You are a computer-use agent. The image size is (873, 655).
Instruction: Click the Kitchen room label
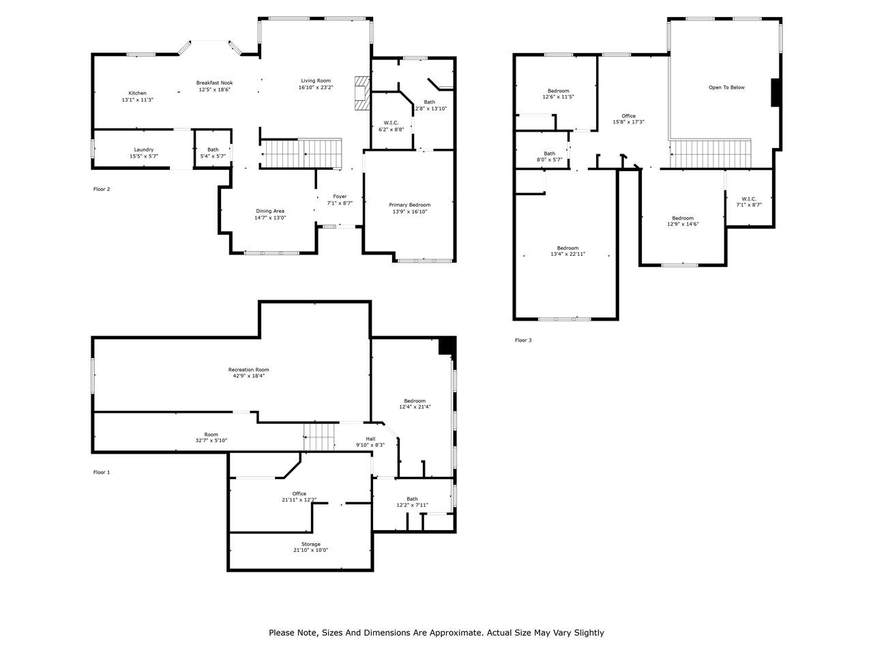tap(138, 93)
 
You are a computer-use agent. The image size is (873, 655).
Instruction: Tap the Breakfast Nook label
tap(215, 83)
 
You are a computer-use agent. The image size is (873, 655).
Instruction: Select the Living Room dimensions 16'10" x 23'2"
tap(316, 87)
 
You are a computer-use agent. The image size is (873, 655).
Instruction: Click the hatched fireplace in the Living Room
tap(361, 93)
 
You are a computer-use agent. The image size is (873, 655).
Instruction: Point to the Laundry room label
tap(143, 149)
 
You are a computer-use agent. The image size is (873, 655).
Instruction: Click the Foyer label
tap(340, 196)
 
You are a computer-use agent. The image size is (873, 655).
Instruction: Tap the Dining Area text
tap(270, 211)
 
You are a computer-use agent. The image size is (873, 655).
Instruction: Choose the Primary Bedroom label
tap(410, 205)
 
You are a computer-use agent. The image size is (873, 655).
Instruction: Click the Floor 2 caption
tap(102, 189)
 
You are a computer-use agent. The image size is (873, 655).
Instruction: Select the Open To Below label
tap(726, 87)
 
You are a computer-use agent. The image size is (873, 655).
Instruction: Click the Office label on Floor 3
tap(628, 116)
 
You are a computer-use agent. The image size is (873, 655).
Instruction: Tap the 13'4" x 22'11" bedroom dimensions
tap(567, 254)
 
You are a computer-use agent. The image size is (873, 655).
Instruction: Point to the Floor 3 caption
tap(523, 340)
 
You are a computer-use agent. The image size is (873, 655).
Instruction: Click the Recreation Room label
tap(248, 370)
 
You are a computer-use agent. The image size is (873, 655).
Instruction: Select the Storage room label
tap(311, 544)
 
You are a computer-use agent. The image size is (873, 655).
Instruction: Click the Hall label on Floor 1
tap(370, 439)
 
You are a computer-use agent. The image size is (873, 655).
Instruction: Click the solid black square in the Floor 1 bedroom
tap(447, 345)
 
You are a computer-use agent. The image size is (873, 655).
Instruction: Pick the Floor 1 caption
tap(102, 472)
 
